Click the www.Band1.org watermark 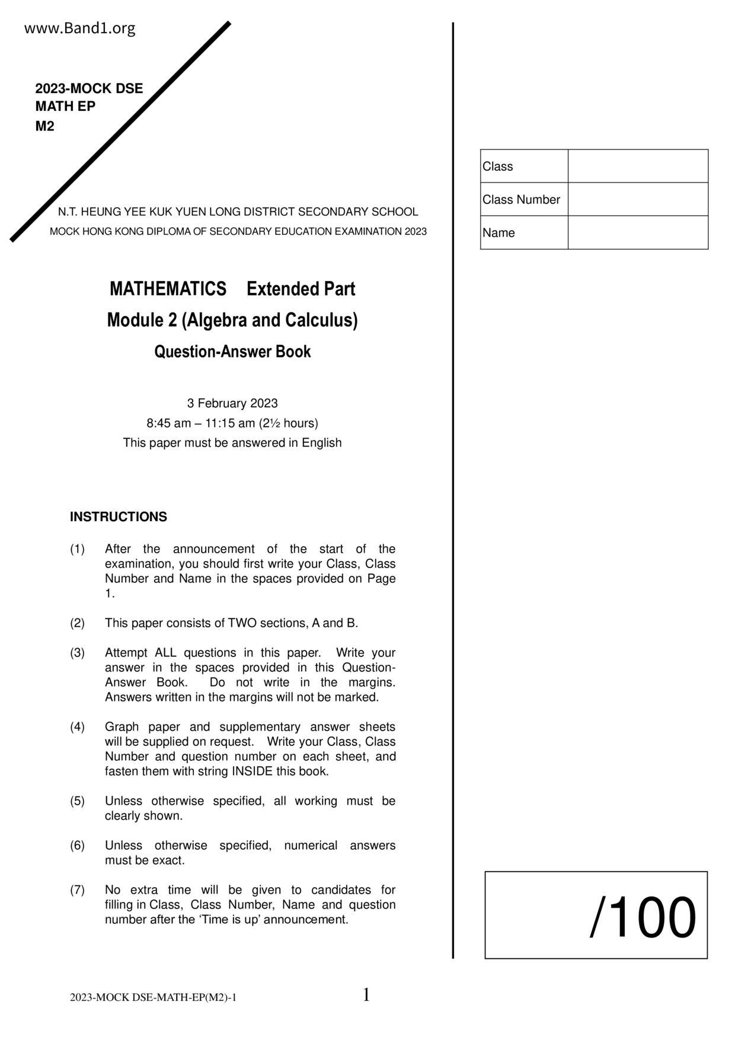pyautogui.click(x=79, y=28)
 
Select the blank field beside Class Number pyautogui.click(x=638, y=199)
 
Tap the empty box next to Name pyautogui.click(x=638, y=232)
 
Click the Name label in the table pyautogui.click(x=498, y=233)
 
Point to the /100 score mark pyautogui.click(x=643, y=918)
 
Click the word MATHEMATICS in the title pyautogui.click(x=168, y=289)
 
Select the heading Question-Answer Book pyautogui.click(x=232, y=352)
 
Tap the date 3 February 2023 pyautogui.click(x=232, y=403)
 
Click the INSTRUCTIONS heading pyautogui.click(x=119, y=517)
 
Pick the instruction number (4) pyautogui.click(x=78, y=727)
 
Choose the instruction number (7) pyautogui.click(x=78, y=890)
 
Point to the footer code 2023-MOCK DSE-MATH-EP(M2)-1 pyautogui.click(x=153, y=997)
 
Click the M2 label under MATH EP pyautogui.click(x=44, y=126)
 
